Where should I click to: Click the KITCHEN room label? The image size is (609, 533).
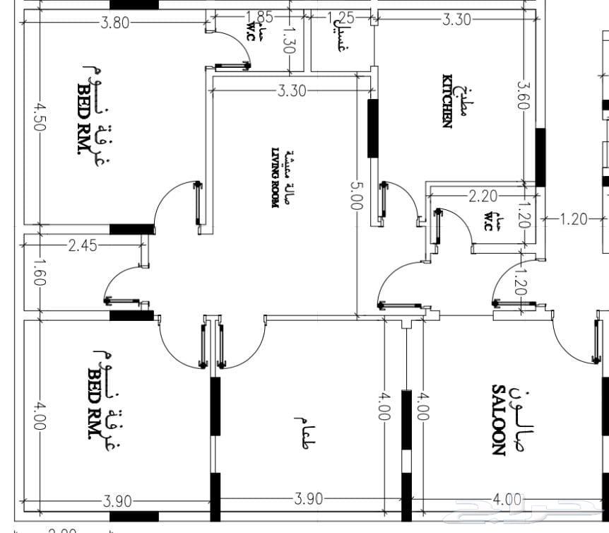[447, 101]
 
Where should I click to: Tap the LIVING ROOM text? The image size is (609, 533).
[276, 177]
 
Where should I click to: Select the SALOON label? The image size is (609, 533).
[498, 420]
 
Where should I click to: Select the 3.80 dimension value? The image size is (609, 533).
[114, 22]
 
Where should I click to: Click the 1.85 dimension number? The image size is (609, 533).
[260, 16]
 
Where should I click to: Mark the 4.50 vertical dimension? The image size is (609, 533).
[38, 117]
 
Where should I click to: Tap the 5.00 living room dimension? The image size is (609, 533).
[355, 195]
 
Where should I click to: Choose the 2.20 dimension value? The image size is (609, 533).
[483, 196]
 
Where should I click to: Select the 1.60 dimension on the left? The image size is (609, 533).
[38, 271]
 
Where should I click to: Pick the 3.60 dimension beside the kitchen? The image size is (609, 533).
[523, 95]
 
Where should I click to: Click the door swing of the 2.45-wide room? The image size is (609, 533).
[120, 283]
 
